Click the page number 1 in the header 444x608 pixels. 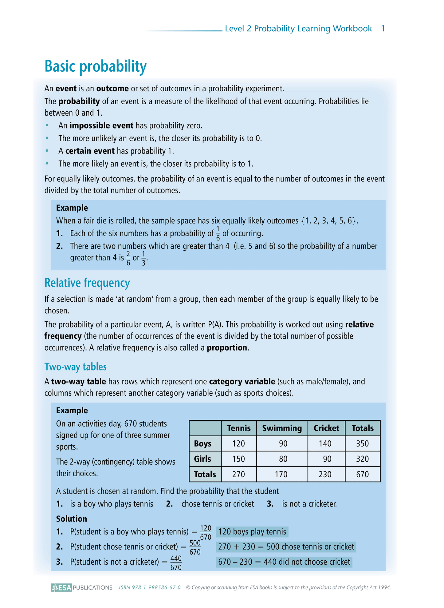(383, 29)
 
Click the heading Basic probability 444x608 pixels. (96, 66)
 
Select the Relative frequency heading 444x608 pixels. (87, 283)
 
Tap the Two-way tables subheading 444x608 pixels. (75, 367)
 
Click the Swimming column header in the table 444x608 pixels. (282, 428)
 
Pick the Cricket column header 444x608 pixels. (326, 428)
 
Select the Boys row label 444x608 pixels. (203, 444)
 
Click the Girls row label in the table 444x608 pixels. (202, 459)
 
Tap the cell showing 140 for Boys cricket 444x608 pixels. (325, 444)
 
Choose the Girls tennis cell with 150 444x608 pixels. (238, 459)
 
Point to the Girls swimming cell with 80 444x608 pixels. (283, 459)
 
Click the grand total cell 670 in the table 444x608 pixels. (362, 474)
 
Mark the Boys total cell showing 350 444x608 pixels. (362, 444)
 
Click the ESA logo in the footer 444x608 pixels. (61, 587)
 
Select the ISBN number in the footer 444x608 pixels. (150, 587)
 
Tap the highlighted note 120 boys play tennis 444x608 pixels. (252, 532)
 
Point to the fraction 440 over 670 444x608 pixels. (176, 563)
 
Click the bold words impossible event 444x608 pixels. (101, 125)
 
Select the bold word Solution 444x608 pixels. (72, 519)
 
